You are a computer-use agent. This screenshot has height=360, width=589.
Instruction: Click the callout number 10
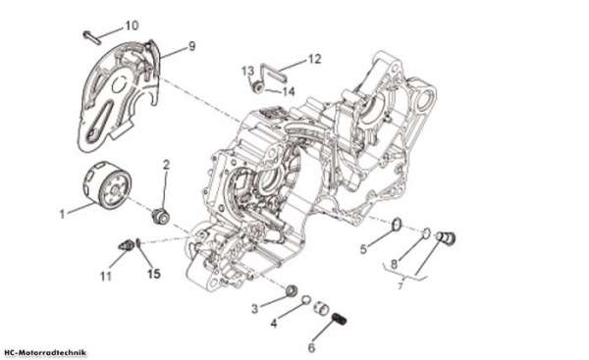coord(132,26)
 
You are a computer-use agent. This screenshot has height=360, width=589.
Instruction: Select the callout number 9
coord(192,46)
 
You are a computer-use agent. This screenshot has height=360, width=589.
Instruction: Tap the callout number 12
coord(315,59)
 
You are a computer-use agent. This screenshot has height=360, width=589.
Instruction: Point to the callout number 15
coord(154,274)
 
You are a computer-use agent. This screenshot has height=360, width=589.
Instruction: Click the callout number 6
coord(311,347)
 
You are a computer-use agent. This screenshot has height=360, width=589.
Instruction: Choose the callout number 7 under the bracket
coord(401,285)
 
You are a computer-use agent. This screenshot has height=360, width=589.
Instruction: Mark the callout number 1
coord(63,214)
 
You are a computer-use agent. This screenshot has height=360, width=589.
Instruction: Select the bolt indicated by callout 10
coord(92,38)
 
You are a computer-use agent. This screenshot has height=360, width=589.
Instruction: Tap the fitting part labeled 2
coord(161,217)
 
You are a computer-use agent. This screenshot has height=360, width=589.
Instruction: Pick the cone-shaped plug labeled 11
coord(127,246)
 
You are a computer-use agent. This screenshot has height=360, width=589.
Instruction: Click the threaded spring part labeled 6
coord(340,320)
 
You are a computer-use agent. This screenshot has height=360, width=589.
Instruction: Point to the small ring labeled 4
coord(306,299)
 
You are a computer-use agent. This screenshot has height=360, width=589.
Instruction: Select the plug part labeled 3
coord(292,290)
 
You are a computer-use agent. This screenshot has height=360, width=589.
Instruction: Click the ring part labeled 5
coord(397,225)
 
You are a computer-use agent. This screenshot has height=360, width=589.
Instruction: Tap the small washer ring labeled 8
coord(426,232)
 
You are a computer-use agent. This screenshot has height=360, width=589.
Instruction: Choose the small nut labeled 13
coord(257,87)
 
